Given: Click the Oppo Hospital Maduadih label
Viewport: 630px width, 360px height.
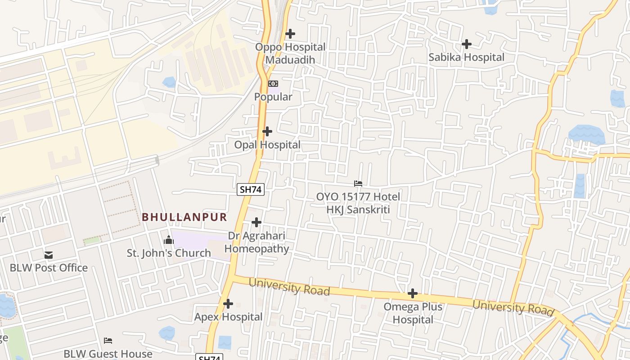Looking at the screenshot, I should pos(290,53).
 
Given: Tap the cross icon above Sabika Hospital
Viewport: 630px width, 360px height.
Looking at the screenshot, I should pos(467,44).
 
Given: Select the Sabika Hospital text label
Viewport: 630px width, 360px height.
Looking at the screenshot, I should pos(466,58).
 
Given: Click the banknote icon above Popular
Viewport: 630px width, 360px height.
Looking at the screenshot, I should pos(273,84).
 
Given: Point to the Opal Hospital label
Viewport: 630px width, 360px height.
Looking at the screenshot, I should pos(267,145).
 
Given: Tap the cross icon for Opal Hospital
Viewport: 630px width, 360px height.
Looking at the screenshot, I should pos(267,131).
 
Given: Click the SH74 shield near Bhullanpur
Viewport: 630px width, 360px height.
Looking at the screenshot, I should pos(251,189).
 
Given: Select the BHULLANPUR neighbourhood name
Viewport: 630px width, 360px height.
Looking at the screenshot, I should pos(184,217).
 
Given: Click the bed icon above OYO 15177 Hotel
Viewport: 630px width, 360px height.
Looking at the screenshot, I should pos(358,184).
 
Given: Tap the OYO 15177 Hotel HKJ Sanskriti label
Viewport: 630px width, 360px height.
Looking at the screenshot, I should pos(358,203).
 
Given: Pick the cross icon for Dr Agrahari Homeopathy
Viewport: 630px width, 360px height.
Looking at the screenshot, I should pos(256,222).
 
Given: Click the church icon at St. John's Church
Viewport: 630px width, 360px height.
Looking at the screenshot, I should pos(169,240).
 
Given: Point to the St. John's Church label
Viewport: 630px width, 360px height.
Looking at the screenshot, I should pos(169,253).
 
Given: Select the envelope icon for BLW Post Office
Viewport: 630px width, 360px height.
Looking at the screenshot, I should pos(49,255).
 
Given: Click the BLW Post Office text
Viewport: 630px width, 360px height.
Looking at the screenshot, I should pos(49,268).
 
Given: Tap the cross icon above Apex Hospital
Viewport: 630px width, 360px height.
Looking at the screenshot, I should pos(228,304).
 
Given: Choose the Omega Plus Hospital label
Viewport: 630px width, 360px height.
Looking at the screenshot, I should pos(413,313).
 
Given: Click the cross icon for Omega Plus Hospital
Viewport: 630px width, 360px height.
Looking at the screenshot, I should pos(413,294).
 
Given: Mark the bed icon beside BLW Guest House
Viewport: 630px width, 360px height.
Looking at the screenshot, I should pos(108,341).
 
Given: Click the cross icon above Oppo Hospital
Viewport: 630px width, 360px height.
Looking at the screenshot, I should pos(290,33).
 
